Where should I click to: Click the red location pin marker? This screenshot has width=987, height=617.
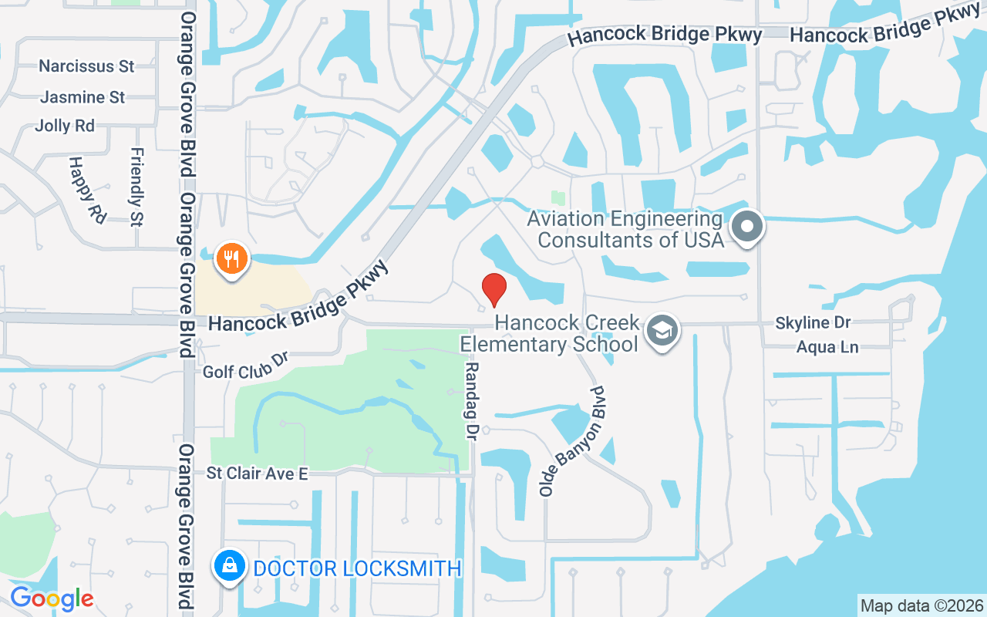point(493,289)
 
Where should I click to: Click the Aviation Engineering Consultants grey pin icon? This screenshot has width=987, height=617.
point(746,228)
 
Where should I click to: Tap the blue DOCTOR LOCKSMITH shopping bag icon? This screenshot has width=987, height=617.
point(231,567)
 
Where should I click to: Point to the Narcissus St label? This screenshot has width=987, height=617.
point(86,66)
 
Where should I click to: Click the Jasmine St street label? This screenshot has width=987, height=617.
point(83,97)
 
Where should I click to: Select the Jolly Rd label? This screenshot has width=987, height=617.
point(65,126)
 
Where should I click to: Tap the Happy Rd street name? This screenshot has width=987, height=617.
point(86,190)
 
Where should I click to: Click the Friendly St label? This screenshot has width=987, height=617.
point(137,187)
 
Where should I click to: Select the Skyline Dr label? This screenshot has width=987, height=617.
point(813,323)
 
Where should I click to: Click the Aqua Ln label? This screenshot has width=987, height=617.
point(827,347)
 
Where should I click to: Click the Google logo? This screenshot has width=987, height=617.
point(52,598)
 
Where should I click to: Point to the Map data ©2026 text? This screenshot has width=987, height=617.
point(921,605)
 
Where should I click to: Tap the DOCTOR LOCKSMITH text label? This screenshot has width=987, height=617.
point(357,568)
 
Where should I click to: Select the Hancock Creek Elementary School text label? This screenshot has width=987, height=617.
point(567,332)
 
